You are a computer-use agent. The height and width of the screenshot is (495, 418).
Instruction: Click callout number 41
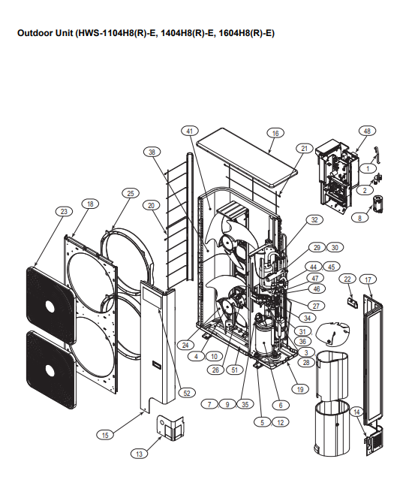pyautogui.click(x=190, y=131)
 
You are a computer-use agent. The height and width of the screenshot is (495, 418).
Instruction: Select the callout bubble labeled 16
pyautogui.click(x=275, y=133)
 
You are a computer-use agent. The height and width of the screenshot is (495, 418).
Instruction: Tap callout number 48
pyautogui.click(x=367, y=131)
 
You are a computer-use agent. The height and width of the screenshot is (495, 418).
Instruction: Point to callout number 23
pyautogui.click(x=64, y=211)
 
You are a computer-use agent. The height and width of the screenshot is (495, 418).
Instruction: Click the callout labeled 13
pyautogui.click(x=139, y=454)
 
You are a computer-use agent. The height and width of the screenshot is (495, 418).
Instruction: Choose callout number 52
pyautogui.click(x=187, y=393)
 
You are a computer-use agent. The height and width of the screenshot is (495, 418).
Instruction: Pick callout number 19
pyautogui.click(x=300, y=389)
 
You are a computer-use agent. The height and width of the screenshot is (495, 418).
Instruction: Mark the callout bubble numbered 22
pyautogui.click(x=347, y=279)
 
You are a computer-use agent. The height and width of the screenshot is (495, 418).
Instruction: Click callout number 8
pyautogui.click(x=359, y=218)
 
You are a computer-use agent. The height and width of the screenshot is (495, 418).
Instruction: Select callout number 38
pyautogui.click(x=152, y=152)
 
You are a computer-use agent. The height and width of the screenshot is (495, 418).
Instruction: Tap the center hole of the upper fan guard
pyautogui.click(x=50, y=306)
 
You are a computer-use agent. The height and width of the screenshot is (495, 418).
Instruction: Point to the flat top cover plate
pyautogui.click(x=247, y=157)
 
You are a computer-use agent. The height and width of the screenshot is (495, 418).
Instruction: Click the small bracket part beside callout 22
pyautogui.click(x=353, y=302)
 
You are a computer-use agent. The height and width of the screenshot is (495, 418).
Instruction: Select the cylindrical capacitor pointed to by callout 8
pyautogui.click(x=377, y=204)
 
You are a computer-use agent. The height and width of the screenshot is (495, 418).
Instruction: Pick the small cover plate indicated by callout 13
pyautogui.click(x=170, y=428)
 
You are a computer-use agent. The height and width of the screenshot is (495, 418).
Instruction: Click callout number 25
pyautogui.click(x=131, y=193)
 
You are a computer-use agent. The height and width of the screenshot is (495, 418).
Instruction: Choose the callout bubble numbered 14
pyautogui.click(x=356, y=412)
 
